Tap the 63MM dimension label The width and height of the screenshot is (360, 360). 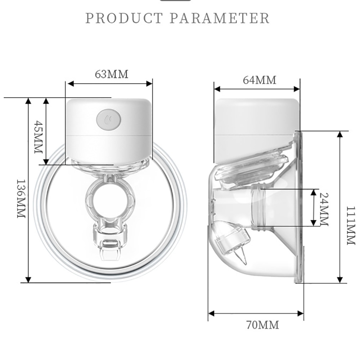click(x=111, y=74)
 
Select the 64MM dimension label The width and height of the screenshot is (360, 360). click(x=259, y=80)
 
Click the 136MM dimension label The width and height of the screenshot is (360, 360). click(x=21, y=198)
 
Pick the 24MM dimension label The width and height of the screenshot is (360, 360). click(x=324, y=209)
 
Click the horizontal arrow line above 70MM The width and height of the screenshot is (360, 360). click(x=256, y=314)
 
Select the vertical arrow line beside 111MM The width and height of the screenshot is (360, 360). click(x=339, y=207)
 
